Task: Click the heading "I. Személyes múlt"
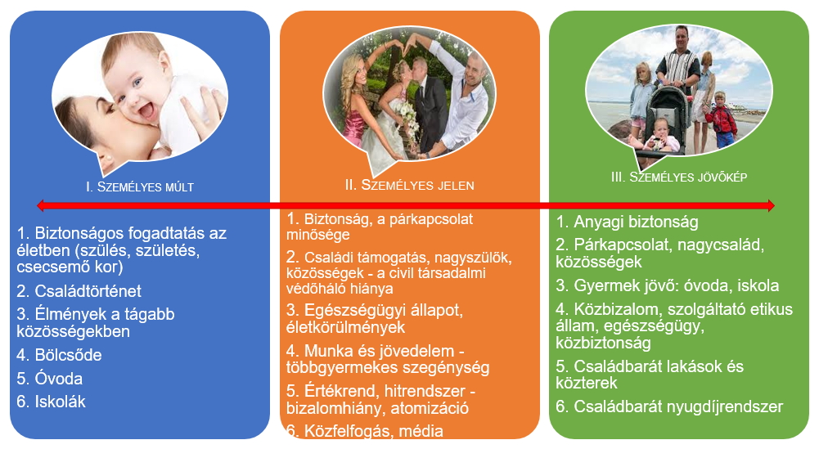[139, 187]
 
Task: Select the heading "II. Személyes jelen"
[409, 185]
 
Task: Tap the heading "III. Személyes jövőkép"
[679, 177]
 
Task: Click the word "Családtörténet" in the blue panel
[88, 291]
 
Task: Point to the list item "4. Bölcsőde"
[59, 355]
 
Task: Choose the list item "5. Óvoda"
[50, 379]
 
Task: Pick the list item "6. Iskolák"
[52, 402]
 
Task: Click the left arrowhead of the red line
[41, 206]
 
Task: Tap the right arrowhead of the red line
[771, 206]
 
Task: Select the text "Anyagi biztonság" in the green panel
[636, 222]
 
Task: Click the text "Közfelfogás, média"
[373, 431]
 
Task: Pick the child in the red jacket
[722, 120]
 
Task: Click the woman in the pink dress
[355, 105]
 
